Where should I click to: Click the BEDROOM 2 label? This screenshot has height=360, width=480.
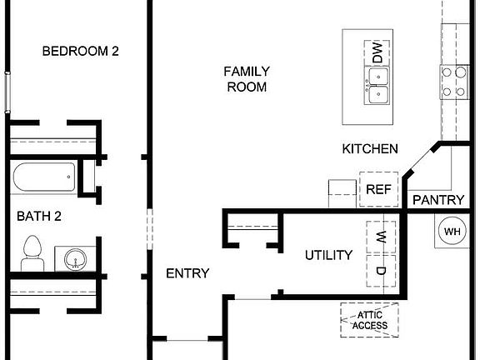pos(81,51)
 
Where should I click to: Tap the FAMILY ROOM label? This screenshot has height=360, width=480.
pos(246,78)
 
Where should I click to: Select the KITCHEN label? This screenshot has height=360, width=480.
pos(370,149)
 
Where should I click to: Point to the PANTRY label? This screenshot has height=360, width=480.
pos(437,199)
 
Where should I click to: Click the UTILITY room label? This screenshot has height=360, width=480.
pos(327,255)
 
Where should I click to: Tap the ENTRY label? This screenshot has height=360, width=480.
pos(187,273)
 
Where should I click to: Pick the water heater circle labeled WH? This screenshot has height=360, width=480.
pos(452,232)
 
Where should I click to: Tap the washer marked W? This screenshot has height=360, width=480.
pos(381,236)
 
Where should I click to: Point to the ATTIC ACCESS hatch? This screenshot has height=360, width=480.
pos(369,319)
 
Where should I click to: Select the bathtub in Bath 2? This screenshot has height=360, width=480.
pos(44,177)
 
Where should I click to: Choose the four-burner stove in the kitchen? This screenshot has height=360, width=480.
pos(454,82)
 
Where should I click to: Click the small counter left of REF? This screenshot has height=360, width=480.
pos(342,192)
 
